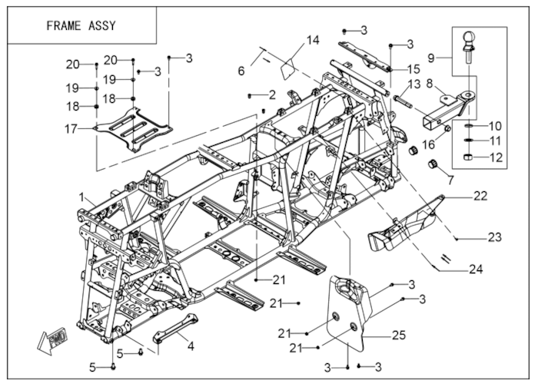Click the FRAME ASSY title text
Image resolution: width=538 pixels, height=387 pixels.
point(81,25)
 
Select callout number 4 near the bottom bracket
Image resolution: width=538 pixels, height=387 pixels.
point(191,346)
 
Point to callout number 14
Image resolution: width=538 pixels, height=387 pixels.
point(312,41)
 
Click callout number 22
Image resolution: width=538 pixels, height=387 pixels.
point(480,197)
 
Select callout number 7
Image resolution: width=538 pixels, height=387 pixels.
point(450,180)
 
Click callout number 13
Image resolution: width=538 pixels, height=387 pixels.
point(413,84)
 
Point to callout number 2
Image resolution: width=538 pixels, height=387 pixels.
point(271,94)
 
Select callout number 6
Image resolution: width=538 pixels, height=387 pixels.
point(241,71)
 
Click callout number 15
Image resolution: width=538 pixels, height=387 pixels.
point(413,68)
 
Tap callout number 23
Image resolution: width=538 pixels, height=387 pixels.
point(494,237)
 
